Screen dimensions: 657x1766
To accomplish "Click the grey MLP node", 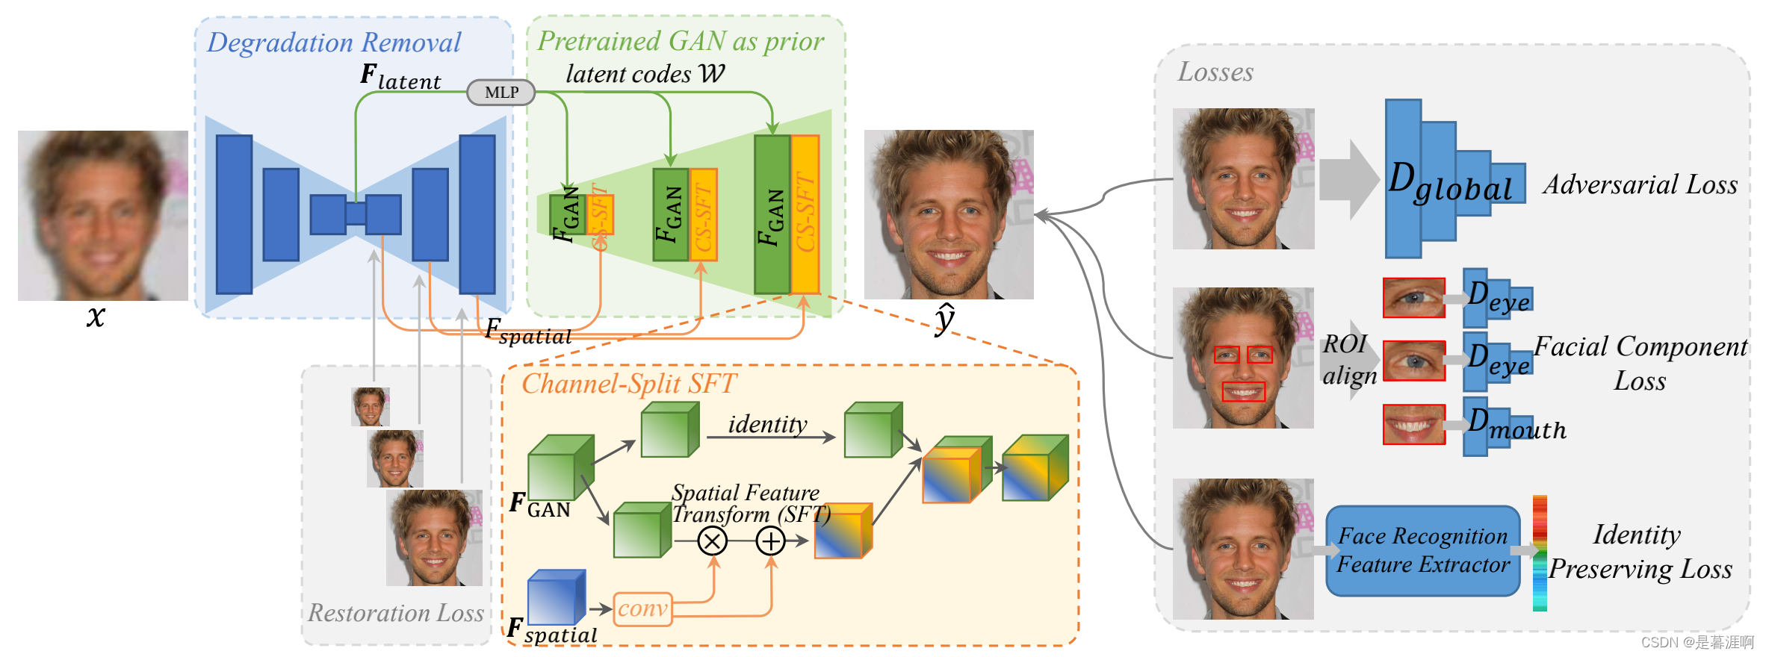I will coord(501,93).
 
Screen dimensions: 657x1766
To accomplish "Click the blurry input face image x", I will coord(103,215).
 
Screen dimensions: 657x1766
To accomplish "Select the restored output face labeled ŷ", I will coord(949,215).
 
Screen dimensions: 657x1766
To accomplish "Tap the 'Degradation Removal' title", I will coord(334,43).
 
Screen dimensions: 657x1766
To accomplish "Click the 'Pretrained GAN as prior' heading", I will coord(681,41).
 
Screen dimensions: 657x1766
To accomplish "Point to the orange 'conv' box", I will coord(642,609).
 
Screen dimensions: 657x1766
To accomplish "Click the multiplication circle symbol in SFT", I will coord(712,541).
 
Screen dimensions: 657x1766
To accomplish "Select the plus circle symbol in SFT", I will coord(770,541).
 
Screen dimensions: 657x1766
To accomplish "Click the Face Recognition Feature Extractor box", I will coord(1422,550).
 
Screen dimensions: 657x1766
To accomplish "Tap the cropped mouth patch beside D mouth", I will coord(1413,424).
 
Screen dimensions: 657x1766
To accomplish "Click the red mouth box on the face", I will coord(1243,391).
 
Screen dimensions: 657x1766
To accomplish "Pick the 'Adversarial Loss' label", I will coord(1640,184).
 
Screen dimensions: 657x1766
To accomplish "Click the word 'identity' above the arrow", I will coord(767,424).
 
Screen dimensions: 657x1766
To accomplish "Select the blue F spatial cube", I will coord(556,597).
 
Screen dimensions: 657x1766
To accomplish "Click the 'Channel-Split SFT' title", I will coord(628,384).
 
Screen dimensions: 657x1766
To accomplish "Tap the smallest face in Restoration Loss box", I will coord(371,407).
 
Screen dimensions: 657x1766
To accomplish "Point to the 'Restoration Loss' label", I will coord(396,613).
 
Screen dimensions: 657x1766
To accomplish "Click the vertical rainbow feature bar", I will coord(1539,552).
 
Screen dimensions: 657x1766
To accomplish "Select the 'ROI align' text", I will coord(1348,359).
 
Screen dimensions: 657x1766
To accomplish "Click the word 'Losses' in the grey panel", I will coord(1215,72).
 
